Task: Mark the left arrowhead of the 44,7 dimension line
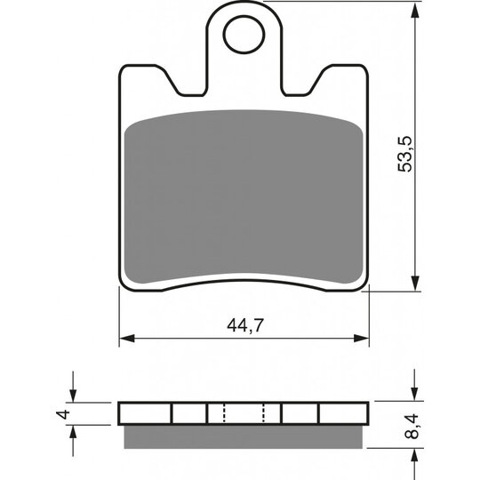pyautogui.click(x=125, y=339)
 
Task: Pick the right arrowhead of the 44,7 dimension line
pyautogui.click(x=364, y=339)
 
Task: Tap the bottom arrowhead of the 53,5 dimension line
pyautogui.click(x=415, y=284)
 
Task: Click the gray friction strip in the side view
pyautogui.click(x=244, y=434)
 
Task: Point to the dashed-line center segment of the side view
pyautogui.click(x=244, y=414)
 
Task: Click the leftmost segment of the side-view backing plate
pyautogui.click(x=145, y=414)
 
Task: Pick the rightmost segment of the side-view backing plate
pyautogui.click(x=343, y=414)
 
